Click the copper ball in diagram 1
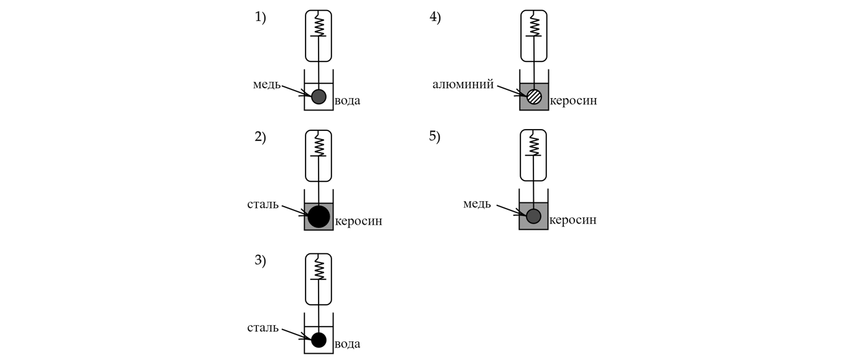(319, 96)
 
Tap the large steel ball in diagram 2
(319, 216)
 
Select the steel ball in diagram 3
(319, 340)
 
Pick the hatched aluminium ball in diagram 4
(534, 96)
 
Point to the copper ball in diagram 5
(533, 216)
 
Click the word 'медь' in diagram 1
(266, 84)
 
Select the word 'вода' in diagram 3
(347, 344)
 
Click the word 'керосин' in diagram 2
(358, 221)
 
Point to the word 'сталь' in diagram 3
(263, 328)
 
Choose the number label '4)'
(435, 17)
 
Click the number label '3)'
(260, 261)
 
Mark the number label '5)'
(435, 137)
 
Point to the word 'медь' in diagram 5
(477, 204)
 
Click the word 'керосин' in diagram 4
(573, 101)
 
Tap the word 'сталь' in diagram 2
(263, 204)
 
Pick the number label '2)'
(260, 137)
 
